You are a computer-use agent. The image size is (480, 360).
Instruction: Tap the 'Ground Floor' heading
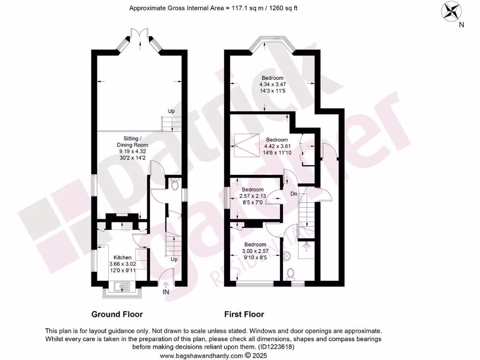pos(117,314)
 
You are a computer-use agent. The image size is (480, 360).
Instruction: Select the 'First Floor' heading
pos(244,314)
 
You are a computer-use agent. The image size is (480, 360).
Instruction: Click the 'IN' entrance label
pos(165,292)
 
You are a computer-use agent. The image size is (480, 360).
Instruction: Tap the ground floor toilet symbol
pos(175,185)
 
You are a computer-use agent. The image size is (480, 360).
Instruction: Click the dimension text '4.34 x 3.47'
pos(272,84)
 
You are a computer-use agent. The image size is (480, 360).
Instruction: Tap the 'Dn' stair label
pos(294,193)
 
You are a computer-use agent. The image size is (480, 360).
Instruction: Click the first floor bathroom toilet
pos(290,273)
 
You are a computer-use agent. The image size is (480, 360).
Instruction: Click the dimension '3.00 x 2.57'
pos(255,251)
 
